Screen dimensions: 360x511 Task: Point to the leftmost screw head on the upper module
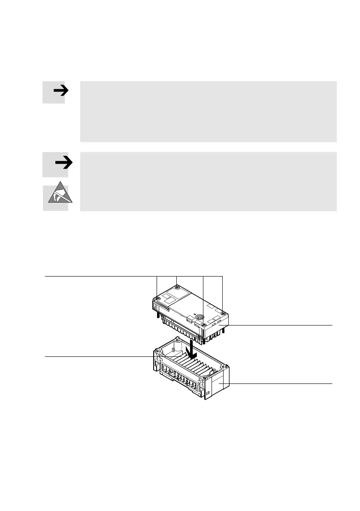coord(158,298)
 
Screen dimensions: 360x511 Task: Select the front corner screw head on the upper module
coord(203,318)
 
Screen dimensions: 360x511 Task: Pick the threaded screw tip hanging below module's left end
coord(159,315)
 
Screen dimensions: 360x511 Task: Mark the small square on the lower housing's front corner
coord(208,392)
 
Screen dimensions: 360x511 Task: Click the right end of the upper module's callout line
coord(332,325)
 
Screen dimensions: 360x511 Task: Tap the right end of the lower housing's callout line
coord(332,383)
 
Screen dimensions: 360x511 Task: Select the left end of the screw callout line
coord(45,276)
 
